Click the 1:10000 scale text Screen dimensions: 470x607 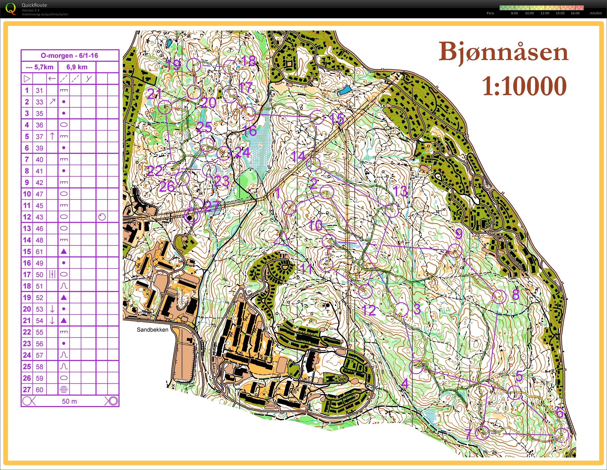[x=524, y=86]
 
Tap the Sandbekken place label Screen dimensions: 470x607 [x=152, y=330]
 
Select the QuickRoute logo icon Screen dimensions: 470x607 [x=11, y=8]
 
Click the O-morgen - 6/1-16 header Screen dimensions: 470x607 [x=70, y=55]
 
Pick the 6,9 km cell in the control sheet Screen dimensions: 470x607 [x=77, y=67]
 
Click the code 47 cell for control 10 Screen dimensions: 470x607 [x=39, y=194]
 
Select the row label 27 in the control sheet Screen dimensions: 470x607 [x=27, y=390]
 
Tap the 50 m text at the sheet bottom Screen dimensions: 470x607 [x=69, y=401]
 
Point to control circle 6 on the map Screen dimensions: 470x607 [x=562, y=435]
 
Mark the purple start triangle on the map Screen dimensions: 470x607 [x=280, y=239]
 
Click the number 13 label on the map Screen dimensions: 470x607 [x=400, y=191]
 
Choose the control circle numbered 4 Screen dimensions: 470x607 [x=417, y=367]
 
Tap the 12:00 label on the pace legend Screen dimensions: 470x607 [x=545, y=13]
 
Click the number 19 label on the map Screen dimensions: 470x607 [x=173, y=65]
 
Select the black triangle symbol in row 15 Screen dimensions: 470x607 [x=63, y=252]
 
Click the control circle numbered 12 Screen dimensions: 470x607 [x=365, y=291]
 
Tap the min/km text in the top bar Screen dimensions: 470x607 [x=596, y=13]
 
